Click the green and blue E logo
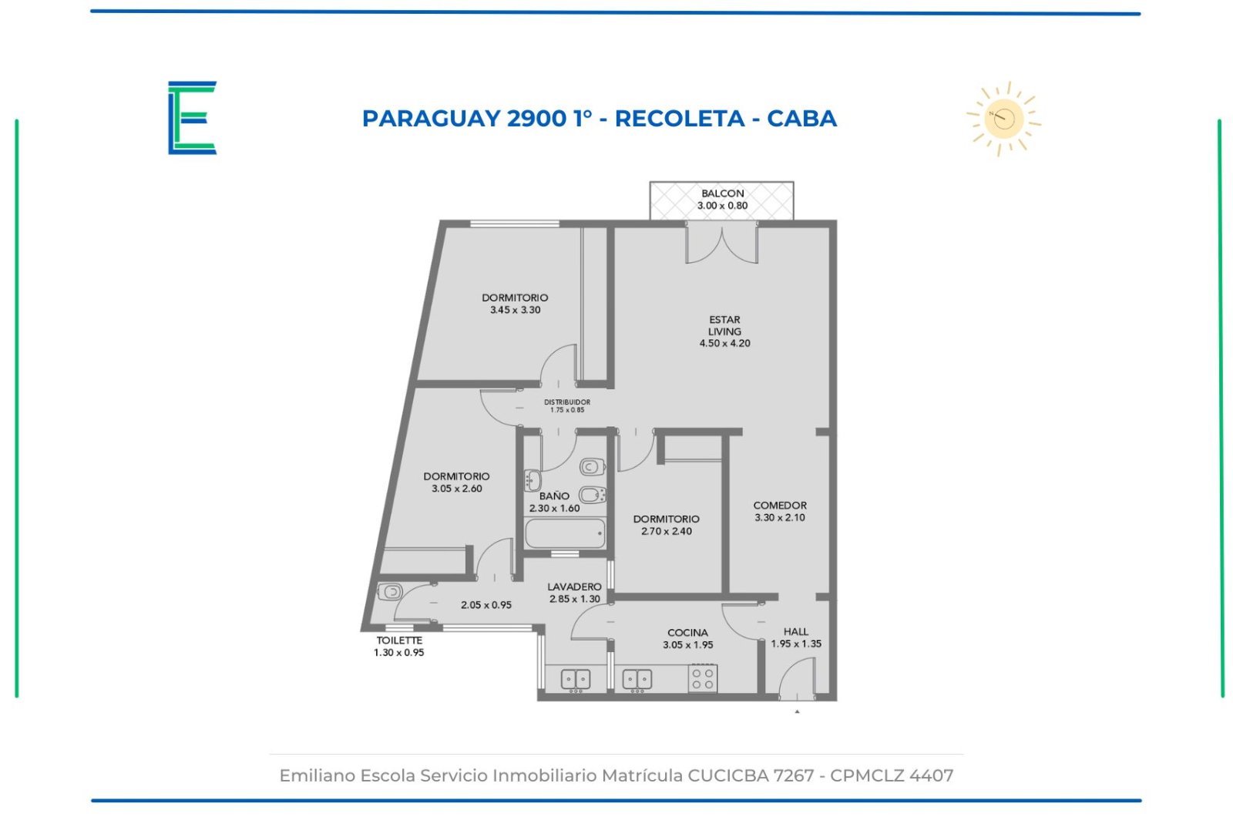tap(192, 118)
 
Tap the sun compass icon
tap(1003, 119)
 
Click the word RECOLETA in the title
tap(679, 119)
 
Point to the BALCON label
tap(722, 193)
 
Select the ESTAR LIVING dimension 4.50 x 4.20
tap(724, 343)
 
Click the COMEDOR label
tap(779, 505)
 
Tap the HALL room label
tap(796, 631)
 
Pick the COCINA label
tap(687, 633)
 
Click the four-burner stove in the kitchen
tap(703, 678)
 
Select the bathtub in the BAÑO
tap(565, 533)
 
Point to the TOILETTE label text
tap(399, 640)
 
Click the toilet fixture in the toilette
tap(390, 592)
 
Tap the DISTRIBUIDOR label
tap(567, 402)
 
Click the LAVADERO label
tap(574, 587)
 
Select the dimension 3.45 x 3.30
tap(516, 309)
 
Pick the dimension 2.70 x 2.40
tap(666, 531)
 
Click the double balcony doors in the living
tap(721, 243)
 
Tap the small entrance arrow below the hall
tap(797, 711)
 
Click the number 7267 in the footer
tap(793, 775)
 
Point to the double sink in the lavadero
tap(575, 679)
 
